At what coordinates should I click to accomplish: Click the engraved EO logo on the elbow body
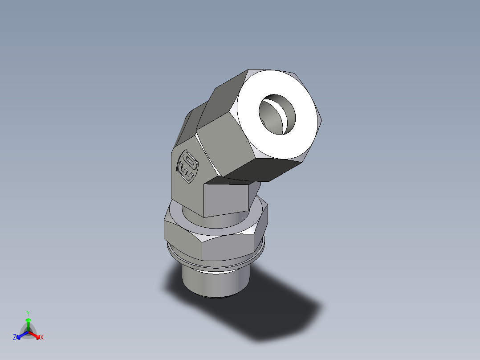187,168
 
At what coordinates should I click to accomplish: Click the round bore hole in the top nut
277,114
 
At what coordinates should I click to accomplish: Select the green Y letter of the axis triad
28,313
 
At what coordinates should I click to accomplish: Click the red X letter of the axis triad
42,338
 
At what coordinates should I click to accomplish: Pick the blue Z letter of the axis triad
15,338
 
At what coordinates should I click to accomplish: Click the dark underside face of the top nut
263,169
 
